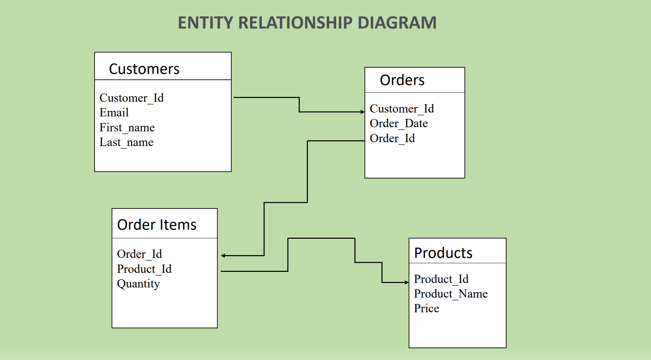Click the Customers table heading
coord(144,69)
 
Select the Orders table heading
coord(402,80)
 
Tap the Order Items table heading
coord(157,225)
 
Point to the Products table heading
coord(443,253)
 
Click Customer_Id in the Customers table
coord(131,98)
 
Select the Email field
coord(114,113)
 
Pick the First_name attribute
coord(127,128)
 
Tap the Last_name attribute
coord(126,142)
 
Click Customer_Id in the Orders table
coord(402,109)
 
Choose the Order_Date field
coord(399,123)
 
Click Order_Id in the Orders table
coord(392,138)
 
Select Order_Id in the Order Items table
coord(139,254)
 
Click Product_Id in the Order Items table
coord(144,269)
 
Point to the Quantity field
coord(138,284)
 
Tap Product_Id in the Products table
coord(441,279)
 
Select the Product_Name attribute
coord(451,294)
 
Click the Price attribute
coord(426,308)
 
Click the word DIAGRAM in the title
coord(397,23)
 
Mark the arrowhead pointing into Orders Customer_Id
coord(363,112)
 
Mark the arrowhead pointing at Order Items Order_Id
coord(223,256)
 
